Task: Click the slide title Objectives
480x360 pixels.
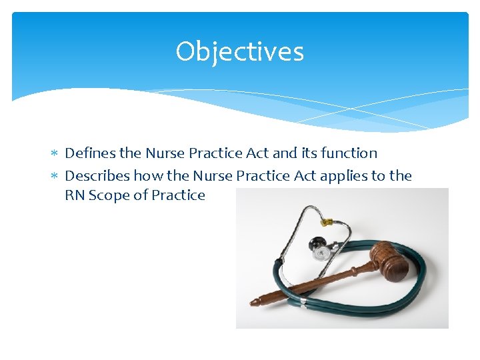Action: [239, 52]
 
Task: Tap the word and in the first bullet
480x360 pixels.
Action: [285, 153]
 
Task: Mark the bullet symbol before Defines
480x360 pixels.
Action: [55, 154]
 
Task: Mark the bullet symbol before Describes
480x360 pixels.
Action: [55, 177]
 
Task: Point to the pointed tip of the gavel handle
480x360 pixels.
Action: [253, 303]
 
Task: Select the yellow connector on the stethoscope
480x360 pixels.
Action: [327, 221]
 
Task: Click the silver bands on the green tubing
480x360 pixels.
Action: [303, 303]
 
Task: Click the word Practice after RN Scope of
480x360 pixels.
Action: [178, 195]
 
